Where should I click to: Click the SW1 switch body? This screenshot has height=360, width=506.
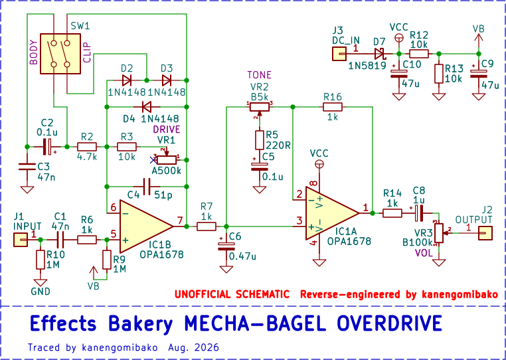pyautogui.click(x=60, y=54)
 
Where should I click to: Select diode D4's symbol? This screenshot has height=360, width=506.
pyautogui.click(x=147, y=106)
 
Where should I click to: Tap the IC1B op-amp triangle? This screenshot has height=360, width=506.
pyautogui.click(x=147, y=226)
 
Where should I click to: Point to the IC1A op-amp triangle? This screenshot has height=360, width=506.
pyautogui.click(x=333, y=213)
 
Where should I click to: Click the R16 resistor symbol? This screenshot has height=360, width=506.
pyautogui.click(x=333, y=106)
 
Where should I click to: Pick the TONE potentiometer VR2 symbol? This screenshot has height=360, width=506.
pyautogui.click(x=260, y=108)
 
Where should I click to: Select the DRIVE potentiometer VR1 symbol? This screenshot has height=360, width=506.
pyautogui.click(x=167, y=158)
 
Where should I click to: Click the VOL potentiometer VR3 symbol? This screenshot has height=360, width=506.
pyautogui.click(x=438, y=232)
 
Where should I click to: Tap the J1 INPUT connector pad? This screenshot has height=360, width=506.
pyautogui.click(x=21, y=240)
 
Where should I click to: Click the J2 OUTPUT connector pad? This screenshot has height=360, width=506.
pyautogui.click(x=485, y=233)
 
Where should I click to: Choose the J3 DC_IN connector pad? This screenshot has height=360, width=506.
pyautogui.click(x=339, y=54)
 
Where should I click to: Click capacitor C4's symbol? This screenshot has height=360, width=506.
pyautogui.click(x=147, y=186)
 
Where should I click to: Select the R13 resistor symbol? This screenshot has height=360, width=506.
pyautogui.click(x=438, y=74)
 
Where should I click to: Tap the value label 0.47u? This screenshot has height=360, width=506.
pyautogui.click(x=242, y=256)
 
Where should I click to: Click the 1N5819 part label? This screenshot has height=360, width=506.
pyautogui.click(x=367, y=66)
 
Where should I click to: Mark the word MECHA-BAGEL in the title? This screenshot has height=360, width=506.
pyautogui.click(x=255, y=323)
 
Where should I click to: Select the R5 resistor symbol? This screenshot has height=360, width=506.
pyautogui.click(x=260, y=140)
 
